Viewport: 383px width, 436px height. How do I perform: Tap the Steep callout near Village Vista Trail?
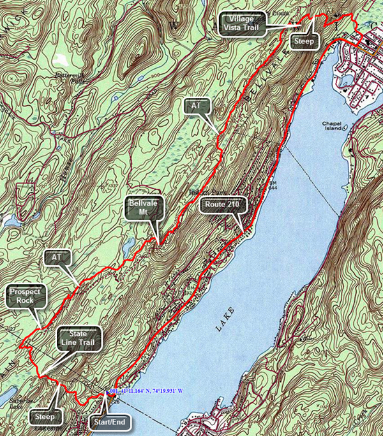point(301,42)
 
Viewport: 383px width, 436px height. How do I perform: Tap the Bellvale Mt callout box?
point(144,208)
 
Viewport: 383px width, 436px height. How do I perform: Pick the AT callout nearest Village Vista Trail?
point(197,107)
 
